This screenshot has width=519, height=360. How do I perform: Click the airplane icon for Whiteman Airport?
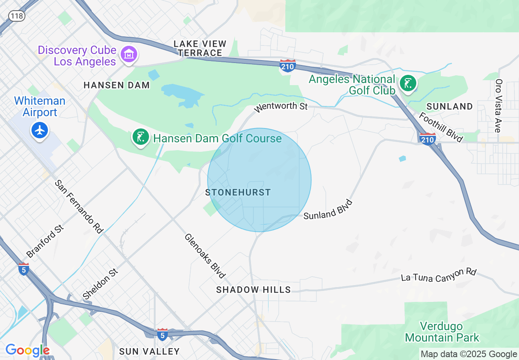(x=40, y=130)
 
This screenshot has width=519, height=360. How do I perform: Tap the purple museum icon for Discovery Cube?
(x=129, y=54)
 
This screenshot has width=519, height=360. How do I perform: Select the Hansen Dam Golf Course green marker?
(x=140, y=137)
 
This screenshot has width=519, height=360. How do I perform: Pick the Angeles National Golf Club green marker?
(x=408, y=83)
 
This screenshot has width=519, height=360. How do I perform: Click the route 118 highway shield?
(x=17, y=16)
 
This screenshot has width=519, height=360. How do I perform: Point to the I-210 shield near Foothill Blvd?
(x=428, y=139)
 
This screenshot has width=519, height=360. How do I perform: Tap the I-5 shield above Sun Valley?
(x=162, y=334)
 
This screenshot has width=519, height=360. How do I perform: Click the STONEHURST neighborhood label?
(x=238, y=192)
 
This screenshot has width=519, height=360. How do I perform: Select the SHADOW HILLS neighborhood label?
(x=253, y=290)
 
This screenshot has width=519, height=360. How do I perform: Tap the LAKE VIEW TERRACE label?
(x=200, y=48)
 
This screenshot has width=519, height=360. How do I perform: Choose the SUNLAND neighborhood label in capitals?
(x=449, y=106)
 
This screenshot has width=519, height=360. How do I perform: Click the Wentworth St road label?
(x=280, y=107)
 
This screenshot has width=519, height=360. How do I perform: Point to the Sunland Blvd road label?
(x=328, y=209)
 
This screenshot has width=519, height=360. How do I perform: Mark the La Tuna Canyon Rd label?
(x=439, y=275)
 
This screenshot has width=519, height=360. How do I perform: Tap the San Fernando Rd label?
(x=79, y=207)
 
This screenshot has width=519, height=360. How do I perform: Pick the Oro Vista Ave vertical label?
(x=499, y=106)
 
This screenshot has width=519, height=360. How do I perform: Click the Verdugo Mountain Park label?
(x=442, y=332)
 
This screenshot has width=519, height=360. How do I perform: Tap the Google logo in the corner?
(x=27, y=350)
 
